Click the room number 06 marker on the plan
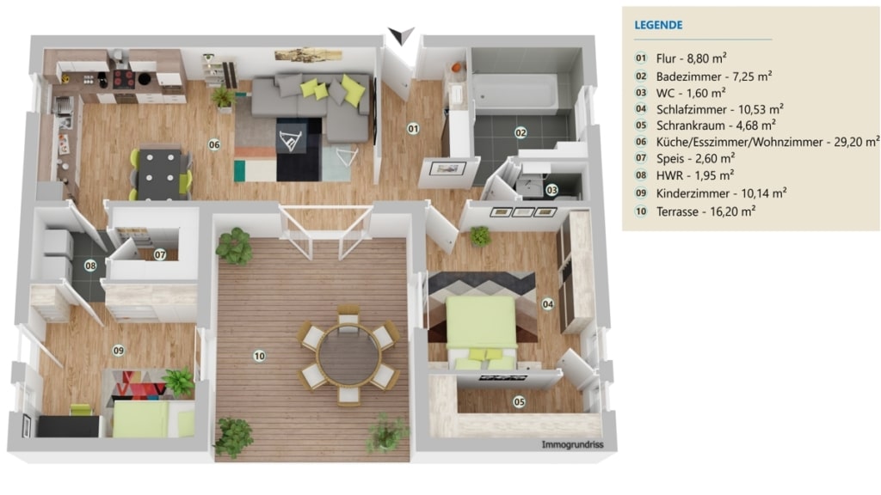pyautogui.click(x=214, y=144)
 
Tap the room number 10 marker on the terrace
pyautogui.click(x=259, y=356)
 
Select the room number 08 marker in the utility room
pyautogui.click(x=90, y=266)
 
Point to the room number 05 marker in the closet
pyautogui.click(x=519, y=402)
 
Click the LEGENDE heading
pyautogui.click(x=658, y=25)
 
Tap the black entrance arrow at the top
pyautogui.click(x=401, y=34)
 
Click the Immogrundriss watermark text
pyautogui.click(x=572, y=444)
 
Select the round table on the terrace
pyautogui.click(x=349, y=355)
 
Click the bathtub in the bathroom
pyautogui.click(x=516, y=93)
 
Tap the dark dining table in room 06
pyautogui.click(x=161, y=173)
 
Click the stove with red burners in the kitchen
pyautogui.click(x=124, y=79)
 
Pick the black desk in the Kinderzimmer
pyautogui.click(x=69, y=426)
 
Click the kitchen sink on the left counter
pyautogui.click(x=63, y=106)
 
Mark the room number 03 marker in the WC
pyautogui.click(x=551, y=190)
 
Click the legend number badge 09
pyautogui.click(x=641, y=193)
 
